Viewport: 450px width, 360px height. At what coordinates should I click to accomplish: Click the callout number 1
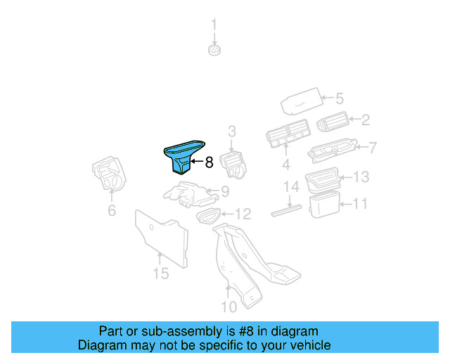(x=214, y=27)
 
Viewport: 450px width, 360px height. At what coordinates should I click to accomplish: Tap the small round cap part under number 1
(x=214, y=50)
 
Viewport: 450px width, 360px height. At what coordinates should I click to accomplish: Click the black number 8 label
(x=208, y=163)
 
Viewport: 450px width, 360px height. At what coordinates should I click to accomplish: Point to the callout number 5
(x=338, y=98)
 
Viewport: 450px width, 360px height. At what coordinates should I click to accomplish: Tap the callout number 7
(x=373, y=148)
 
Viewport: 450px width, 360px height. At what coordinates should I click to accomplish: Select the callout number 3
(x=231, y=131)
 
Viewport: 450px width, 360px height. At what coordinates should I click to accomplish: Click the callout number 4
(x=286, y=166)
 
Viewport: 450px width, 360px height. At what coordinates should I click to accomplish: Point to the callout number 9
(x=225, y=191)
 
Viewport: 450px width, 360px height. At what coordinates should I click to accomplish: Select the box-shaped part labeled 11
(x=324, y=205)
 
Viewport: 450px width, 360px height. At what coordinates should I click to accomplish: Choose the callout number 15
(x=161, y=273)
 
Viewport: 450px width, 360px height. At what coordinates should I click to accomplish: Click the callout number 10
(x=229, y=307)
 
